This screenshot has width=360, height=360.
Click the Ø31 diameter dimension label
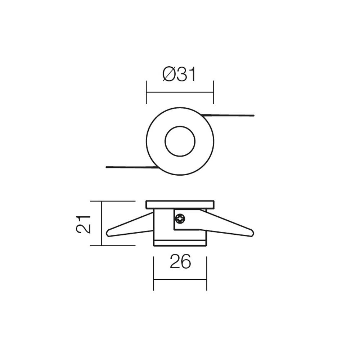point(179,74)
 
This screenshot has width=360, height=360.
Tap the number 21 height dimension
point(84,224)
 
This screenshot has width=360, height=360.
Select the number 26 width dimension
point(180,262)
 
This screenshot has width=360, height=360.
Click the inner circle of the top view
point(180,141)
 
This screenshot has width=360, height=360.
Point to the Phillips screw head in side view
point(180,218)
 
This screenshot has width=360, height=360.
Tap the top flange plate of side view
point(180,204)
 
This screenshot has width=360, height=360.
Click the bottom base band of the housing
point(180,243)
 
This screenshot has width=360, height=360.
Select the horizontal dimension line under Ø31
point(180,92)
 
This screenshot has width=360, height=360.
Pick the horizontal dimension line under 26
point(180,279)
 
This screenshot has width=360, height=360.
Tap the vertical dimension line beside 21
point(102,223)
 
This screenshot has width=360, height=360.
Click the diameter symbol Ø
point(169,74)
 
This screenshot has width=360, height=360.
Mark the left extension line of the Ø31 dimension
point(146,92)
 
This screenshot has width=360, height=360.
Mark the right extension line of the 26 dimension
point(207,274)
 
